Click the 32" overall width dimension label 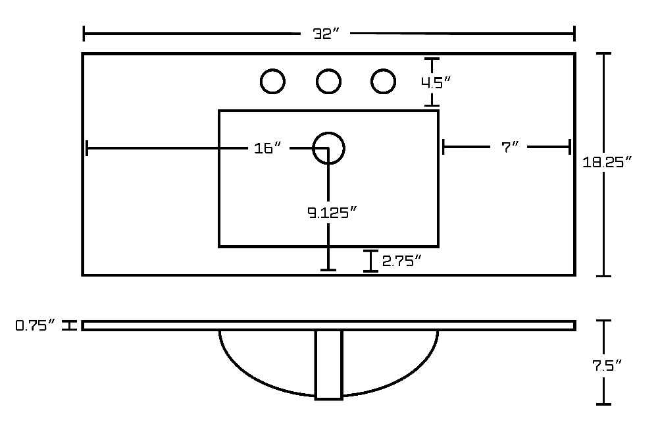tap(325, 34)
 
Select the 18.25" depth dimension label tap(607, 161)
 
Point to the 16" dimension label tap(267, 148)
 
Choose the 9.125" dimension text tap(332, 213)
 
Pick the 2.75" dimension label tap(401, 261)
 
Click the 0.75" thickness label tap(36, 325)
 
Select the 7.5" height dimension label tap(607, 365)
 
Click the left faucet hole tap(273, 81)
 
